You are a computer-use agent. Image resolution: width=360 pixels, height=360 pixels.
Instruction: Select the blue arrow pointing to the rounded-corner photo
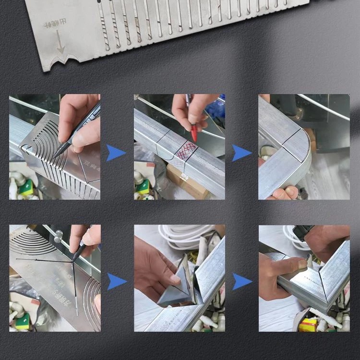(241, 153)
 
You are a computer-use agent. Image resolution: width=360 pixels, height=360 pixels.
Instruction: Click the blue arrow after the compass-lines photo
(116, 281)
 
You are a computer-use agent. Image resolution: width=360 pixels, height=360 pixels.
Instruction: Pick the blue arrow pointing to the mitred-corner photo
(241, 281)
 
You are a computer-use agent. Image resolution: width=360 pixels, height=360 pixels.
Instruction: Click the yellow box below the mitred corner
(308, 324)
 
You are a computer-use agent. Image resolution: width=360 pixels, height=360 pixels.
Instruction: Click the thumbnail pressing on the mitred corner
(301, 264)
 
